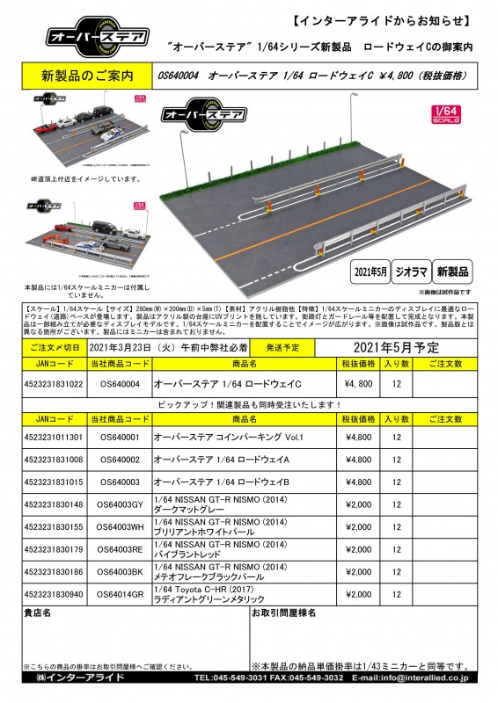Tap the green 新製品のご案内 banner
[85, 76]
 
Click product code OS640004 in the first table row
[121, 384]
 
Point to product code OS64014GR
[121, 594]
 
